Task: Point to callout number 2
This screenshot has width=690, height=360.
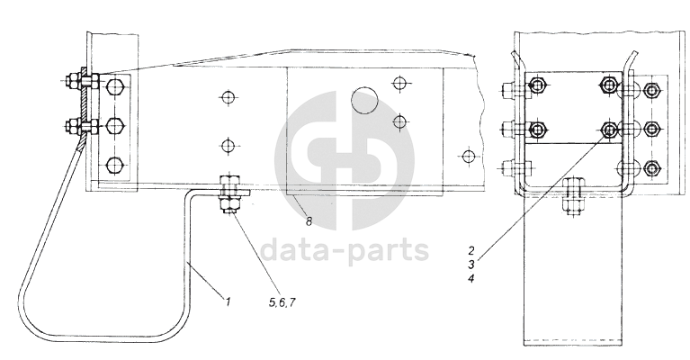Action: click(x=470, y=247)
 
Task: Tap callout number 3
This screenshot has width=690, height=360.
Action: click(x=470, y=263)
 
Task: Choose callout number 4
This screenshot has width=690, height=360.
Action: click(x=470, y=278)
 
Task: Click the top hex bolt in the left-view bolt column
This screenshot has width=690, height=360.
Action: click(x=116, y=87)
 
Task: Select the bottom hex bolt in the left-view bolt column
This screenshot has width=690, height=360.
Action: click(x=116, y=165)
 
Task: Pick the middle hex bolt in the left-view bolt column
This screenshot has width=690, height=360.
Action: click(x=116, y=124)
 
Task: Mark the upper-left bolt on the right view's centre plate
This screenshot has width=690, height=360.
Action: click(x=538, y=86)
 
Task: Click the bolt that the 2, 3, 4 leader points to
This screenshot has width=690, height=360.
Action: click(x=609, y=130)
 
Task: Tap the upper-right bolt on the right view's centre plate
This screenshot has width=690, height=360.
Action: click(x=609, y=86)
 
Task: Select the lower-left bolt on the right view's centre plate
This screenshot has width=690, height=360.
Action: click(x=538, y=130)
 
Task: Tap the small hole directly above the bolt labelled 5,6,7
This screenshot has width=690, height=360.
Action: click(x=229, y=143)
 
